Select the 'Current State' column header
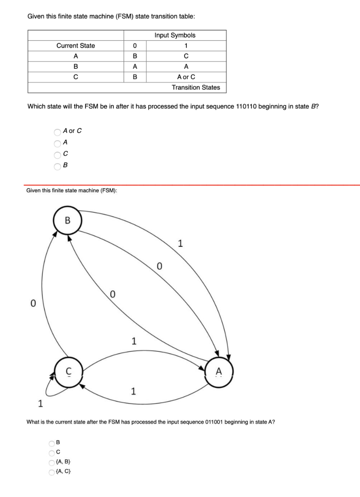coord(76,46)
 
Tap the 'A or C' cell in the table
coord(186,77)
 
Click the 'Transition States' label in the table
coord(195,87)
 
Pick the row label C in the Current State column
coord(76,77)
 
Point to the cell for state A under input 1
coord(186,56)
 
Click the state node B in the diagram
coord(67,221)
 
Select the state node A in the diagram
coord(219,371)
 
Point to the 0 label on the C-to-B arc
coord(32,304)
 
